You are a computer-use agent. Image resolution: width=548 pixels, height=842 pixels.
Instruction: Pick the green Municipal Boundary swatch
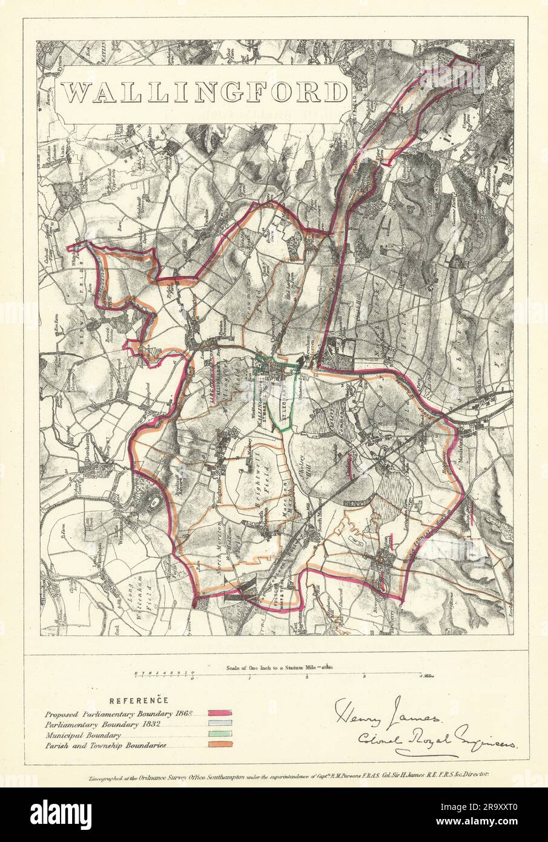pos(220,735)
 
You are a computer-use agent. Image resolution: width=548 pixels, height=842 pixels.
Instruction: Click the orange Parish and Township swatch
pos(220,746)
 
